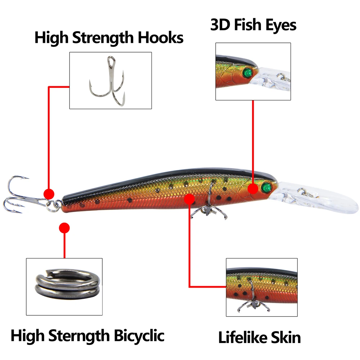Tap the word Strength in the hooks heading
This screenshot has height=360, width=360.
click(104, 38)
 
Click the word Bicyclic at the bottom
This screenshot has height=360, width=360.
click(139, 336)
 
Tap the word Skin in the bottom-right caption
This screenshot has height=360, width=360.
click(286, 337)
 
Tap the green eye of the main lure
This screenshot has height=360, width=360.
click(266, 187)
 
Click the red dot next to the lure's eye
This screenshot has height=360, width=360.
click(253, 189)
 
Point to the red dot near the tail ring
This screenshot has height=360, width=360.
click(49, 194)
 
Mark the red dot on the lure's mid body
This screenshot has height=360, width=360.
click(189, 198)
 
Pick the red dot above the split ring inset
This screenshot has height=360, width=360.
click(64, 228)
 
